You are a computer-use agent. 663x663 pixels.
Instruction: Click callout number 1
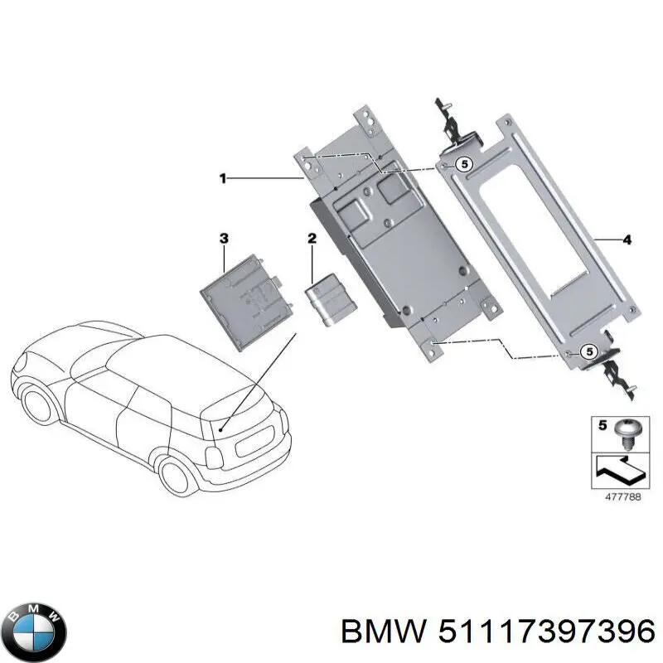pos(222,177)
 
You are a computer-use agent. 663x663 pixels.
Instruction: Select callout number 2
pos(312,240)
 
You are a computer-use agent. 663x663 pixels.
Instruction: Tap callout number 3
pos(223,239)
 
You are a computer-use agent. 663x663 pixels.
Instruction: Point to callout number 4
pos(627,240)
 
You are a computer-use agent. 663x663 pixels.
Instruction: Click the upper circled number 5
pos(464,165)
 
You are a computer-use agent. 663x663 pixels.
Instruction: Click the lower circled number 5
pos(588,351)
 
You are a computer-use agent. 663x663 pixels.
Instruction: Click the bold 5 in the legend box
pos(603,426)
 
